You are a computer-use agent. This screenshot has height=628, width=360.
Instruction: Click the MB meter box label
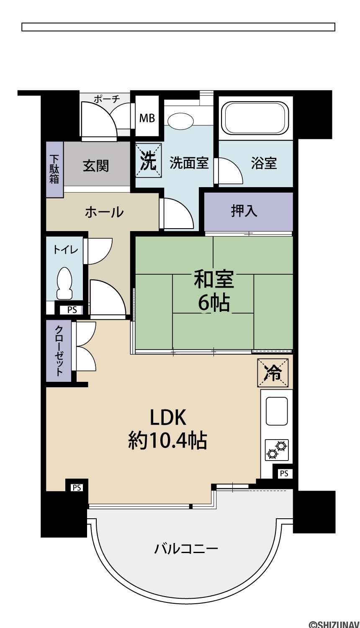[147, 118]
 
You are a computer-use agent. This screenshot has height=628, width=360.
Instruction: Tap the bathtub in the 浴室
[255, 118]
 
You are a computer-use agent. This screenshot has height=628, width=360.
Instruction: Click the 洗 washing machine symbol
[148, 160]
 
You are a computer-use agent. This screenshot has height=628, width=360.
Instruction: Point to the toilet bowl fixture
[65, 283]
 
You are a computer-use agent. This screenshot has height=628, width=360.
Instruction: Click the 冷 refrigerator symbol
[273, 373]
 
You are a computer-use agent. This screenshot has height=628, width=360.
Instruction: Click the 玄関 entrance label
[96, 166]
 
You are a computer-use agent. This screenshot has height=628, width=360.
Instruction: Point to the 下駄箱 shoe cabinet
[54, 169]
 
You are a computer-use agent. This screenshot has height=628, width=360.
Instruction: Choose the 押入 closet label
[244, 211]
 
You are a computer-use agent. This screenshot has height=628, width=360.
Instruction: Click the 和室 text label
[214, 279]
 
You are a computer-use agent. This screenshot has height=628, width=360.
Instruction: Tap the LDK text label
[168, 417]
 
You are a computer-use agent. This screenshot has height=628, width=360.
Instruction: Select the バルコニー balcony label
[186, 548]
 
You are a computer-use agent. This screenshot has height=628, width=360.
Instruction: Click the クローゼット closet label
[59, 350]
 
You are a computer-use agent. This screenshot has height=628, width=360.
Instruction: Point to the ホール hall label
[104, 212]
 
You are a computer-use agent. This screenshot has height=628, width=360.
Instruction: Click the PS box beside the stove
[284, 474]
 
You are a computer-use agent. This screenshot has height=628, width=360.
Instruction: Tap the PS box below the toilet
[72, 310]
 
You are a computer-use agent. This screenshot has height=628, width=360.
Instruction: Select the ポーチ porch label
[107, 99]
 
